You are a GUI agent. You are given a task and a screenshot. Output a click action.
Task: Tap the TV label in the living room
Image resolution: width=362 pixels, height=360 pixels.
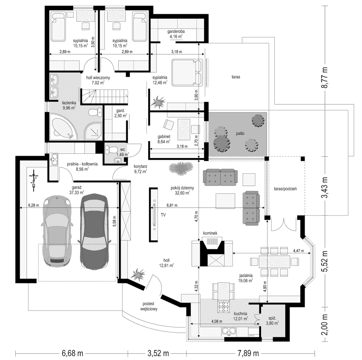point(163,215)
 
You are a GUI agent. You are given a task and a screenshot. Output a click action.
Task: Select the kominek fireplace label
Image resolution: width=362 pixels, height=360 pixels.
point(211,233)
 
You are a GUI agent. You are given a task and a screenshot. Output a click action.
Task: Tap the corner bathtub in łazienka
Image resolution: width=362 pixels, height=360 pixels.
point(62,128)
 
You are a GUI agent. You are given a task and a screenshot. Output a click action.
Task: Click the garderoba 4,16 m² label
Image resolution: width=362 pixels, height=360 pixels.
point(176,34)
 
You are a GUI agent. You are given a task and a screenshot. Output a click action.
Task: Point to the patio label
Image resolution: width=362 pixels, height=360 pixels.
point(241,133)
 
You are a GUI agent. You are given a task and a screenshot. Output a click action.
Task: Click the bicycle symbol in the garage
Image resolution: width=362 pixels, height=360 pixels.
point(32,179)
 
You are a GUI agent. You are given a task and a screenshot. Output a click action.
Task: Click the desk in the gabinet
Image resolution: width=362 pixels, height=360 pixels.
point(184,128)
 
